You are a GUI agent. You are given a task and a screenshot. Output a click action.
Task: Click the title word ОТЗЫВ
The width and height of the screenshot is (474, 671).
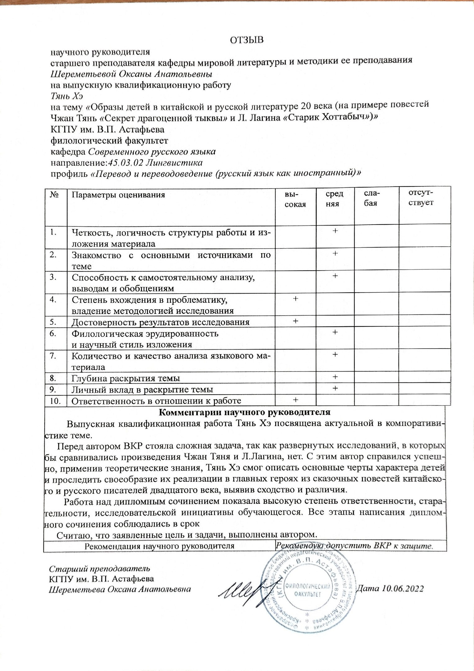(x=247, y=40)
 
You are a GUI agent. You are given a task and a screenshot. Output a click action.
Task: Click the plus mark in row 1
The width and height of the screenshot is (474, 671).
(x=335, y=231)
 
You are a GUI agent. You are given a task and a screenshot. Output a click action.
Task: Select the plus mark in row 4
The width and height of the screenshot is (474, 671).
(x=295, y=299)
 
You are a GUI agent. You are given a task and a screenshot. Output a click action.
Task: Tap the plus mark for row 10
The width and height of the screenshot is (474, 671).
(x=295, y=399)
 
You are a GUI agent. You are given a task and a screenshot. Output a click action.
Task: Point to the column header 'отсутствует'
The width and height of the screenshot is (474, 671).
(x=421, y=198)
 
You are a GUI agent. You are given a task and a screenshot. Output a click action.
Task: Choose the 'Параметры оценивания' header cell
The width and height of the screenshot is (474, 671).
(x=118, y=195)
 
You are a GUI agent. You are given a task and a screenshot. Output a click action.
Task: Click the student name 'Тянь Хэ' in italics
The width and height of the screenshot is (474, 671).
(x=67, y=96)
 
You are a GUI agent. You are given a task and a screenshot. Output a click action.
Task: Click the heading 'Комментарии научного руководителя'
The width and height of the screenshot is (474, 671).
(x=244, y=413)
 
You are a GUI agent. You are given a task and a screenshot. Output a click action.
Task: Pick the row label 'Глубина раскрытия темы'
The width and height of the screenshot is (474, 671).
(x=126, y=378)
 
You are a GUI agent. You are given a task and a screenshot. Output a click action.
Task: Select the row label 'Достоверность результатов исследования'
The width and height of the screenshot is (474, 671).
(x=161, y=322)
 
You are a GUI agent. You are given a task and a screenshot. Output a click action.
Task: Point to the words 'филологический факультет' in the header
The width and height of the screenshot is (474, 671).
(x=109, y=141)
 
